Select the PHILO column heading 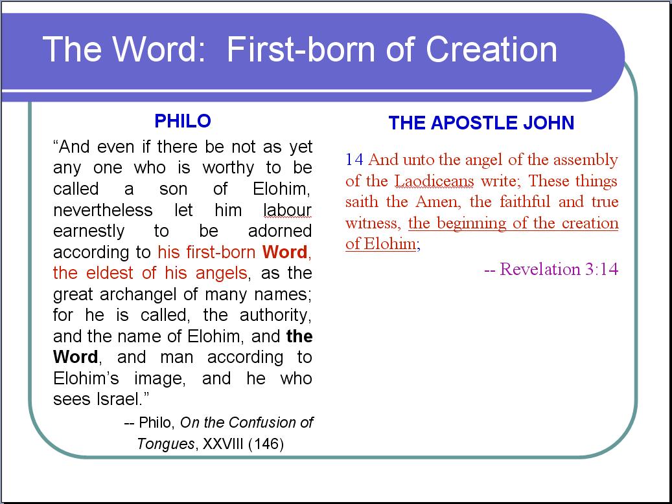click(183, 121)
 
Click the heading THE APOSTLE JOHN click(481, 123)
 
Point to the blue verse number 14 click(354, 160)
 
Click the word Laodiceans click(434, 181)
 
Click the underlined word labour click(287, 210)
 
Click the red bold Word click(285, 252)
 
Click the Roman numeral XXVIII click(223, 444)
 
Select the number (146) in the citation click(266, 444)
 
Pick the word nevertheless click(103, 210)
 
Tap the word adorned click(280, 231)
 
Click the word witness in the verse click(373, 223)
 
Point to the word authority click(275, 316)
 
